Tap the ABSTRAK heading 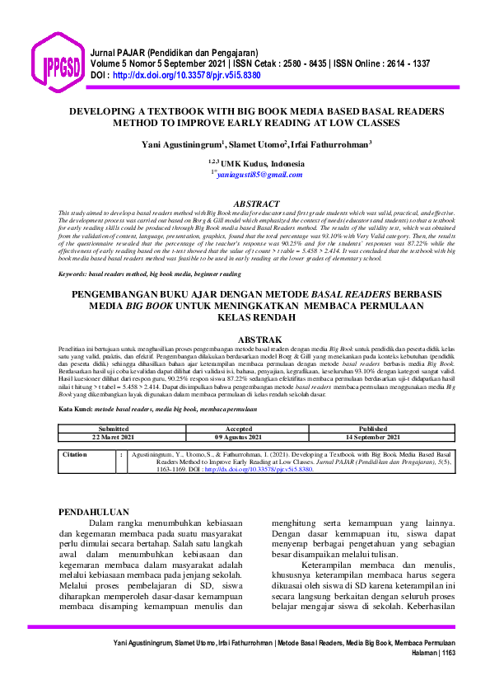click(x=259, y=340)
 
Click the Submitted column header click(x=114, y=406)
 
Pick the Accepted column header click(x=238, y=406)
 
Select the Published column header click(x=372, y=406)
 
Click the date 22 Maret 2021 click(x=114, y=414)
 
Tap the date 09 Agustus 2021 click(x=238, y=414)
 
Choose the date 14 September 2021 click(x=372, y=414)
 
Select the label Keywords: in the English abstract click(x=72, y=274)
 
